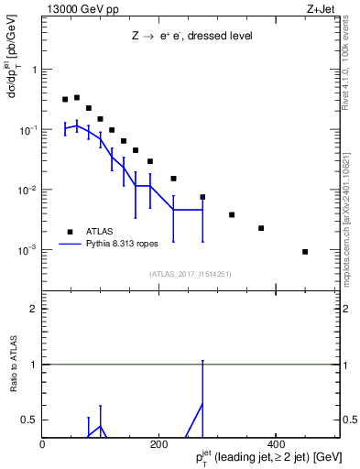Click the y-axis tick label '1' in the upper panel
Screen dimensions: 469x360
point(34,70)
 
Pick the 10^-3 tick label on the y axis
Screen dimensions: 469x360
point(27,249)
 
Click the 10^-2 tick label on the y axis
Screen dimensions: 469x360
point(27,190)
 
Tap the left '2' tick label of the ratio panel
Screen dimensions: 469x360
point(34,309)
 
